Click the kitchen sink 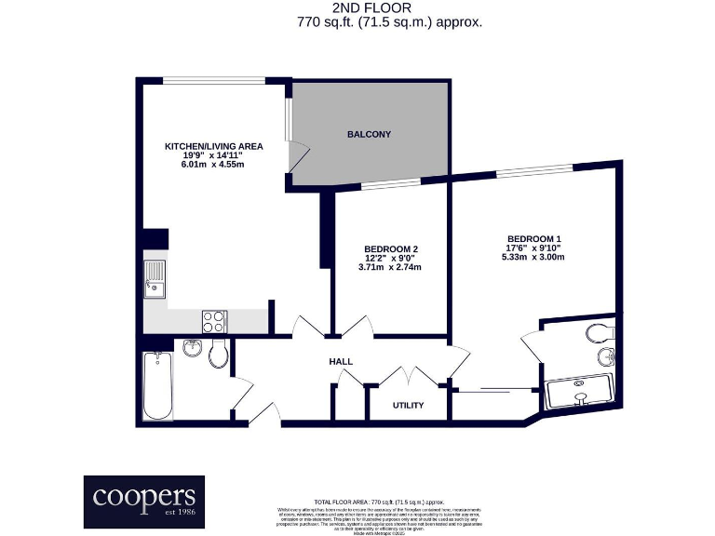(x=155, y=279)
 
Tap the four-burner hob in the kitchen (x=213, y=321)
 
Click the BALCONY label (x=369, y=135)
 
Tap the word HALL (x=341, y=361)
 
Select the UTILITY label (x=408, y=406)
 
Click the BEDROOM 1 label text (x=533, y=237)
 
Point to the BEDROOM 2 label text (x=390, y=248)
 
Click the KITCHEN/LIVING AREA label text (x=213, y=146)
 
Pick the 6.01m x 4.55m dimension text (x=213, y=165)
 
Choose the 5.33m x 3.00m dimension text (x=533, y=257)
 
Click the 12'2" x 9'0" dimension (x=390, y=258)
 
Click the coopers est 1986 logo (x=143, y=502)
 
